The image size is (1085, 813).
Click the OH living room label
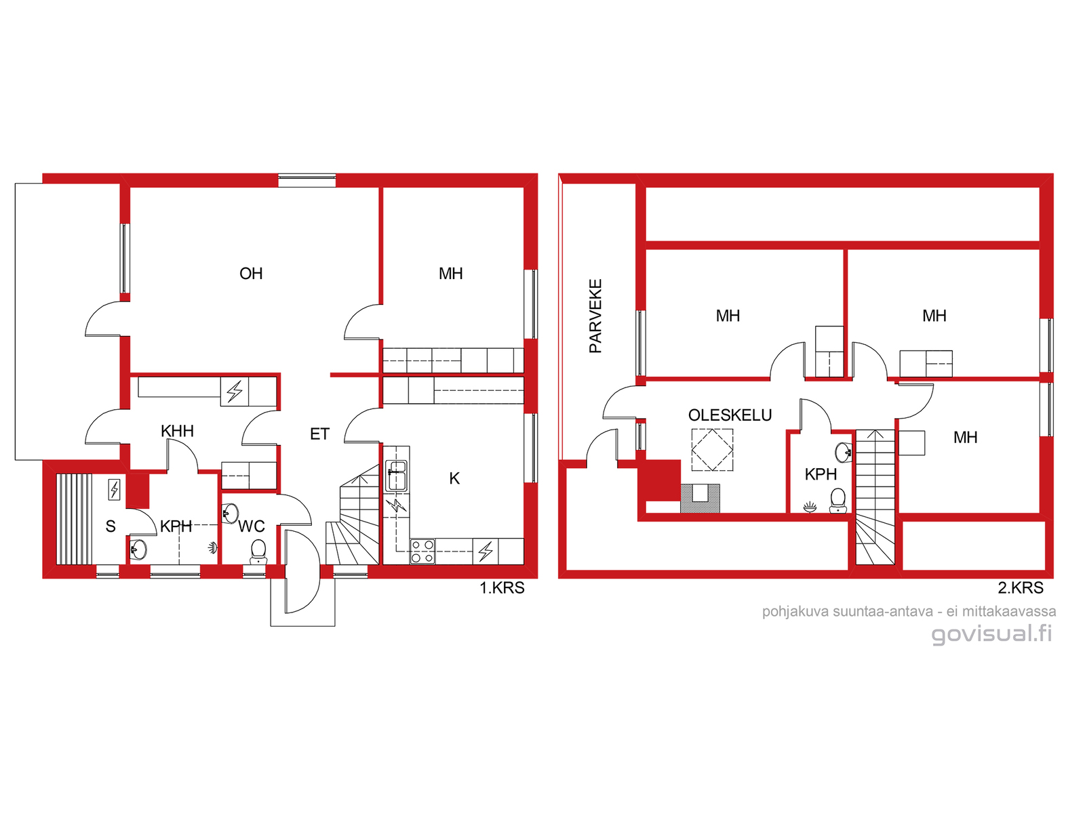point(251,274)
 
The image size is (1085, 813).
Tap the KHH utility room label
point(177,431)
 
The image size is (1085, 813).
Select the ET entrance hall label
point(319,434)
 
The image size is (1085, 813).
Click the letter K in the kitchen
point(454,478)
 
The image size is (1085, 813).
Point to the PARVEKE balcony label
point(595,316)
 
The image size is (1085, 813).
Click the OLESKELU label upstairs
point(730,415)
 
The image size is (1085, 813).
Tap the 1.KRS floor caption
point(502,587)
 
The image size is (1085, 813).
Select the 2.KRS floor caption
point(1021,587)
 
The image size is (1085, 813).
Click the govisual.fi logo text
point(991,634)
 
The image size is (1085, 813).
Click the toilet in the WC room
point(258,551)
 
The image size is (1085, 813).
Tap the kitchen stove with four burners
point(422,551)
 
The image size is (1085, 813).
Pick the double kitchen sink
point(397,476)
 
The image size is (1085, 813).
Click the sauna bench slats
point(74,519)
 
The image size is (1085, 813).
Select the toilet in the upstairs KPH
point(837,501)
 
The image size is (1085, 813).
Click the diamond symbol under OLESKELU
point(712,450)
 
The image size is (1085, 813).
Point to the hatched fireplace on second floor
point(700,498)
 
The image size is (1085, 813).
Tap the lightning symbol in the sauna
point(114,490)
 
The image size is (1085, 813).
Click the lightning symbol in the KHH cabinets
point(235,392)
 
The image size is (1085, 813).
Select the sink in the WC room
point(230,514)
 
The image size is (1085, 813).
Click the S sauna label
point(111,526)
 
